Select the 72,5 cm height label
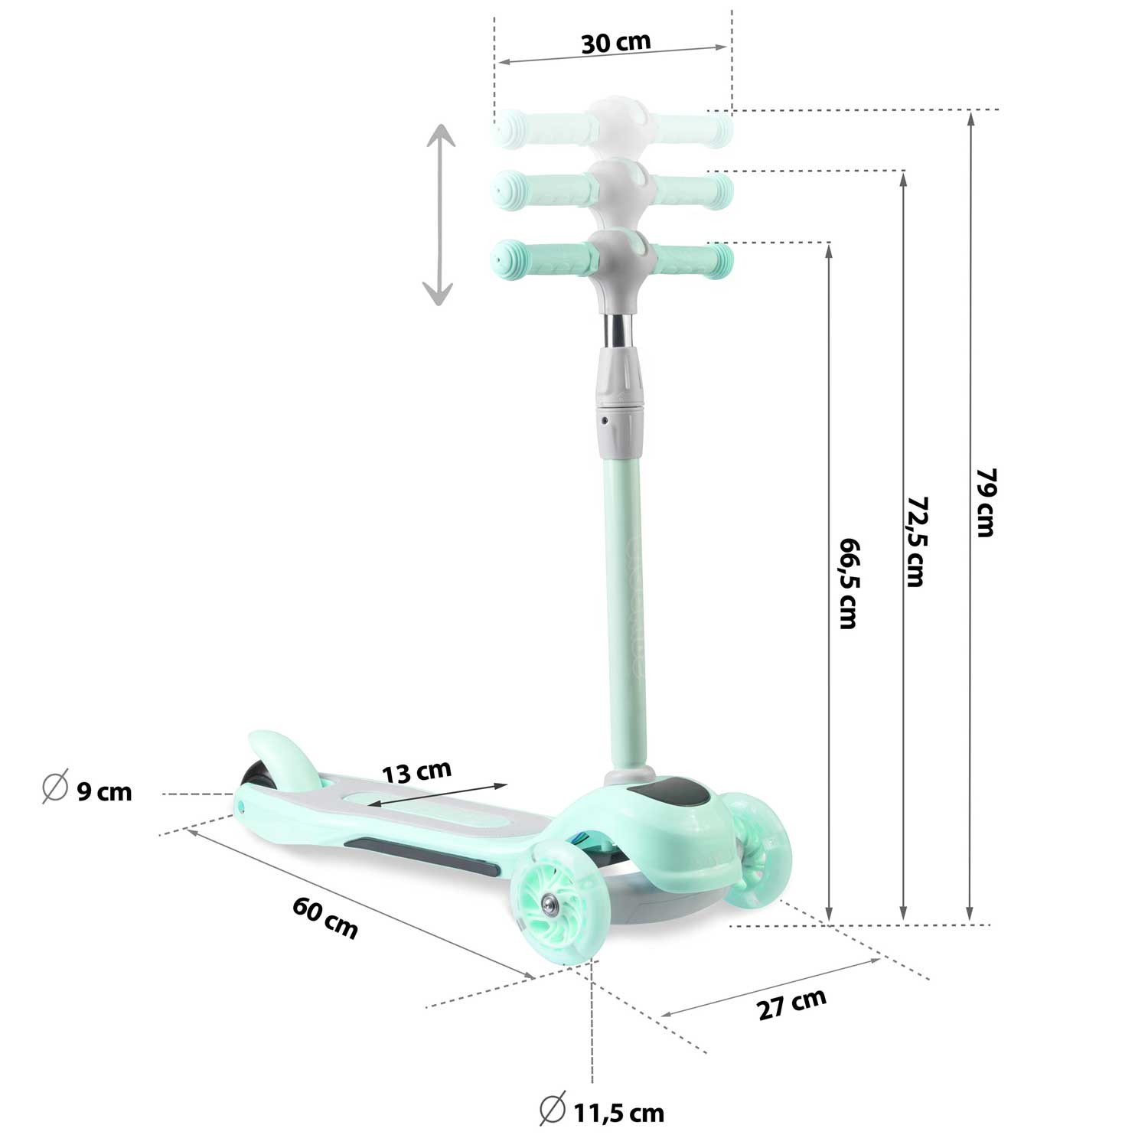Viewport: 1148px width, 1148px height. tap(915, 541)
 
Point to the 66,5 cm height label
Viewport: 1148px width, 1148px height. tap(847, 582)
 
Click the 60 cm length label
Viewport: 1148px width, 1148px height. tap(325, 918)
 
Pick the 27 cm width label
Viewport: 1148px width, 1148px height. tap(793, 1004)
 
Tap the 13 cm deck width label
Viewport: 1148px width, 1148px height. tap(418, 771)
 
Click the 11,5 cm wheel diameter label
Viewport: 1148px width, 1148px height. tap(618, 1112)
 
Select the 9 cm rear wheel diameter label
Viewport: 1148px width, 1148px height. tap(105, 791)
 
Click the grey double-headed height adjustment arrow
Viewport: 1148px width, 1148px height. tap(439, 215)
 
